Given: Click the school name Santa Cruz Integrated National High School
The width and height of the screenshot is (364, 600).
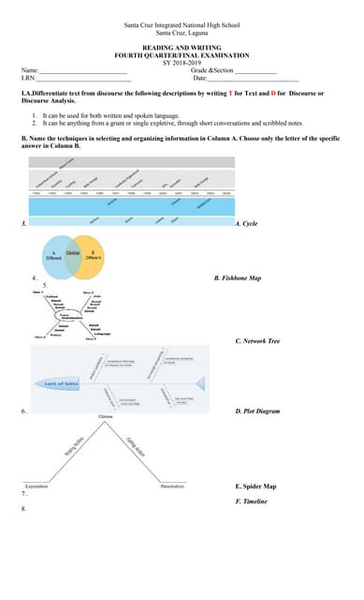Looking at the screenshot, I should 182,25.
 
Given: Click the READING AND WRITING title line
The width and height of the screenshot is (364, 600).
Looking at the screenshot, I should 182,46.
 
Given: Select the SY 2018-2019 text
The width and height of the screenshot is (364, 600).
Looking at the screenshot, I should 182,62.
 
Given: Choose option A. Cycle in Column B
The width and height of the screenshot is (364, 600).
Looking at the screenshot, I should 246,224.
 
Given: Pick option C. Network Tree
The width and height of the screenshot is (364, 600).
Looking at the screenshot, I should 257,341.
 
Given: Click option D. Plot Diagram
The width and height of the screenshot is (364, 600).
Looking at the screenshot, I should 257,411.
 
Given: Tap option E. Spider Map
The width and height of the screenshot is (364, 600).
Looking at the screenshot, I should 255,487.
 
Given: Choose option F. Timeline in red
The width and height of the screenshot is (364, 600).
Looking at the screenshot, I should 251,502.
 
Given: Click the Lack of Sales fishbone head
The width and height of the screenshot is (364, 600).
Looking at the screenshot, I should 62,383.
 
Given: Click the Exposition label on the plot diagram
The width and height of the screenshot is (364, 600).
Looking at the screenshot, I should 37,487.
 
